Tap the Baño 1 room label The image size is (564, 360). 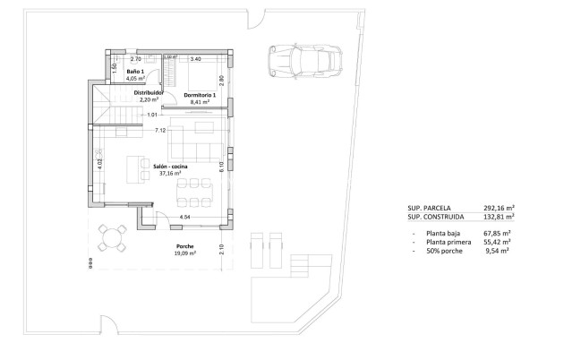[x=135, y=71]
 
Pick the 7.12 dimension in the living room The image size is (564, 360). [x=160, y=132]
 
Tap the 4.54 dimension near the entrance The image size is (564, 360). [x=184, y=218]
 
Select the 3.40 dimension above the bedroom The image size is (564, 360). [x=196, y=59]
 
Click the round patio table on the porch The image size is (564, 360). [x=112, y=237]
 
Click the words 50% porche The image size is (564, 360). [x=445, y=252]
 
